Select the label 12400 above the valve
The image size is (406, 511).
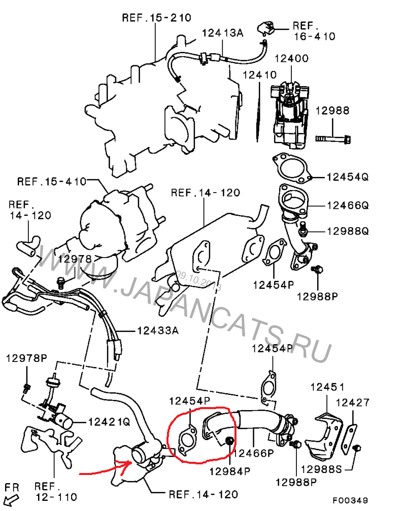[291, 58]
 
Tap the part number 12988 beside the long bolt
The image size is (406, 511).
[332, 110]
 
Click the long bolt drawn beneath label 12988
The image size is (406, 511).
[334, 137]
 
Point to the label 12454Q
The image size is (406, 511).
[347, 177]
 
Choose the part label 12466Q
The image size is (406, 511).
[347, 205]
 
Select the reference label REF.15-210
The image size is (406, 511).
[156, 18]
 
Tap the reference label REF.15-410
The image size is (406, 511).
[52, 181]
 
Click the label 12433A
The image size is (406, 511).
[158, 331]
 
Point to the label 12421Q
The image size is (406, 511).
[109, 421]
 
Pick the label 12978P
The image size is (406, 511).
[26, 358]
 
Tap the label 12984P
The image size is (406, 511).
[230, 471]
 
